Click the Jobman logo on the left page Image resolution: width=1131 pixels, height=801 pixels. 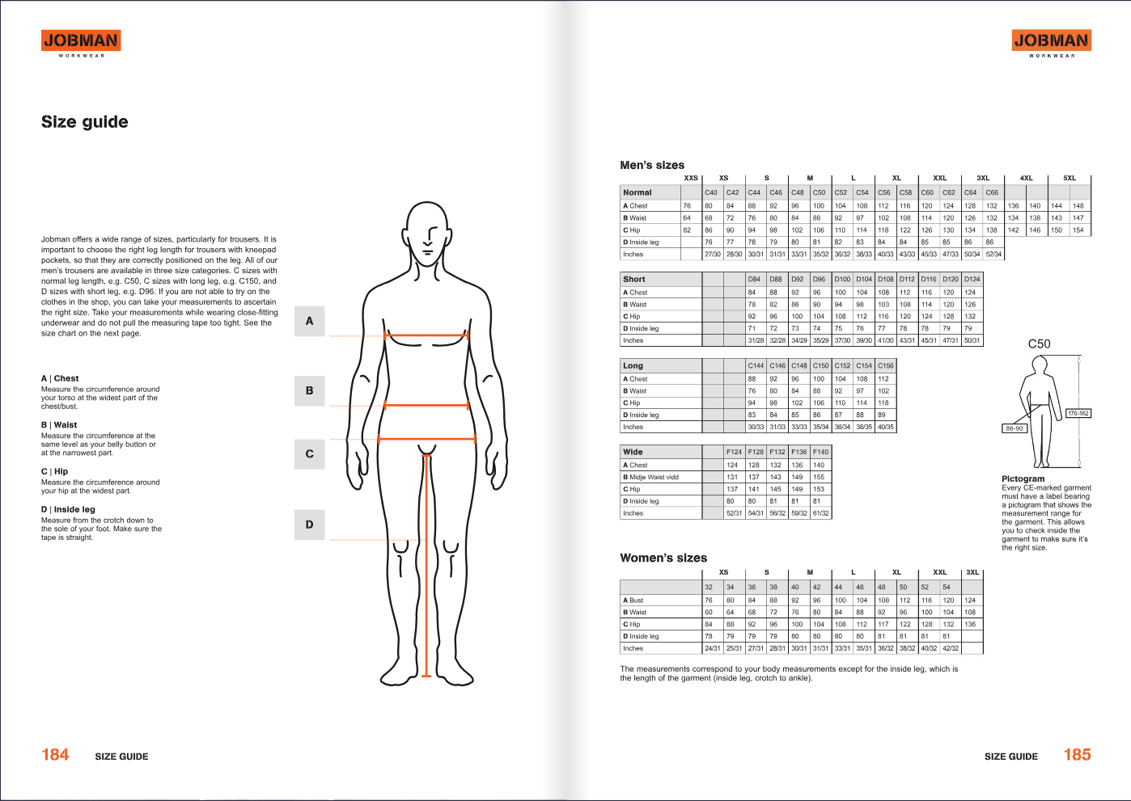click(81, 40)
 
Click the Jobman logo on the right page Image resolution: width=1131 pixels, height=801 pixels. click(1051, 40)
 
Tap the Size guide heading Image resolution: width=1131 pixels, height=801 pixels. click(85, 122)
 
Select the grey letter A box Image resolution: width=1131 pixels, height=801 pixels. click(309, 321)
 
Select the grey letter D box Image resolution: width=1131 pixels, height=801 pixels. click(309, 525)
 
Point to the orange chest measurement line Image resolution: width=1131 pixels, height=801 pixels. click(426, 335)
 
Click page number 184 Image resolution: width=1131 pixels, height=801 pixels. click(55, 755)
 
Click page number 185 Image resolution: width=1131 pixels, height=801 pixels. click(1077, 755)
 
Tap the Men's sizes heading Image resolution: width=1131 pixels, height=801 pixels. click(652, 165)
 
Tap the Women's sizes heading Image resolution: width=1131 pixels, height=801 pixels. click(663, 558)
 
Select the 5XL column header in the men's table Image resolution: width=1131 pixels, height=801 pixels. click(1069, 178)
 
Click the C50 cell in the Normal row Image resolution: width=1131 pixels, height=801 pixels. click(819, 192)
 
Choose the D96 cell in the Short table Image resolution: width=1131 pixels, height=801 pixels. click(819, 279)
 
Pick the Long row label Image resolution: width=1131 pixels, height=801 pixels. click(633, 365)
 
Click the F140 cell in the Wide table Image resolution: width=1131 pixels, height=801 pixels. click(820, 452)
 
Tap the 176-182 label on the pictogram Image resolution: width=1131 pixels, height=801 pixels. click(1078, 413)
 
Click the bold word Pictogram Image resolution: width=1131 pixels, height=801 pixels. click(1023, 478)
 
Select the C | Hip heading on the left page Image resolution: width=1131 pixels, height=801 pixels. click(55, 471)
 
